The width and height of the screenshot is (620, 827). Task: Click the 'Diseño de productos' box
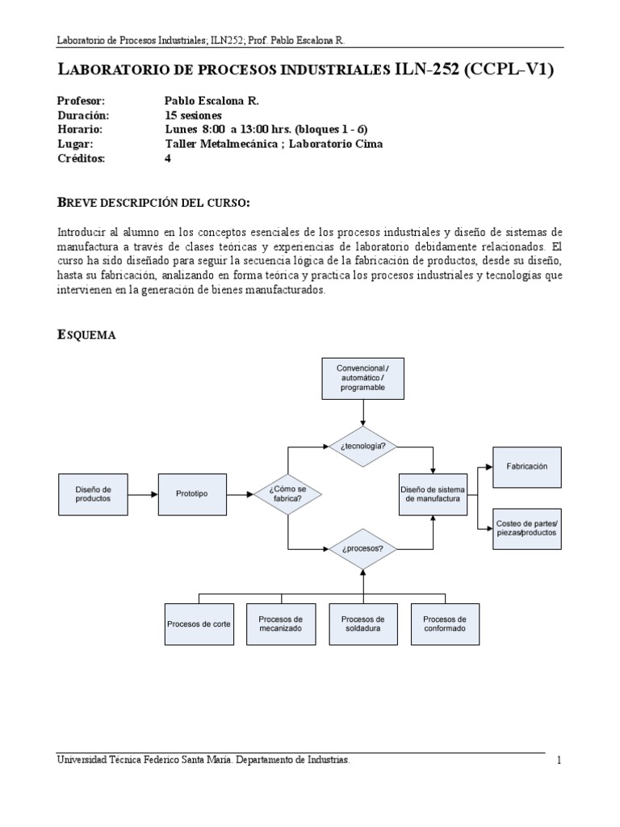[93, 494]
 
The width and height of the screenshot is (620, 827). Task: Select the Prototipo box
[191, 494]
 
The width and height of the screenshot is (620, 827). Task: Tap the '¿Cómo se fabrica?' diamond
[288, 493]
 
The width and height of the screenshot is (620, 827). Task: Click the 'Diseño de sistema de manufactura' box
[433, 493]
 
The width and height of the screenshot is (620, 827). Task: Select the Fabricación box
[527, 467]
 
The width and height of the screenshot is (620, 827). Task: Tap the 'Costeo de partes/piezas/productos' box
[527, 529]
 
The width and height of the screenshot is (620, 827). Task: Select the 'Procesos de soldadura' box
[362, 624]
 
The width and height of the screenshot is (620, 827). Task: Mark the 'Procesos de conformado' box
[444, 624]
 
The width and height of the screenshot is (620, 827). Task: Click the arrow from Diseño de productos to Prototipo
[142, 494]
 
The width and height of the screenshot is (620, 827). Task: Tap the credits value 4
[167, 158]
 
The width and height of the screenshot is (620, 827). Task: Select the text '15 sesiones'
[193, 115]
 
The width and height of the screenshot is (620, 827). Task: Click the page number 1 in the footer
[558, 760]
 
